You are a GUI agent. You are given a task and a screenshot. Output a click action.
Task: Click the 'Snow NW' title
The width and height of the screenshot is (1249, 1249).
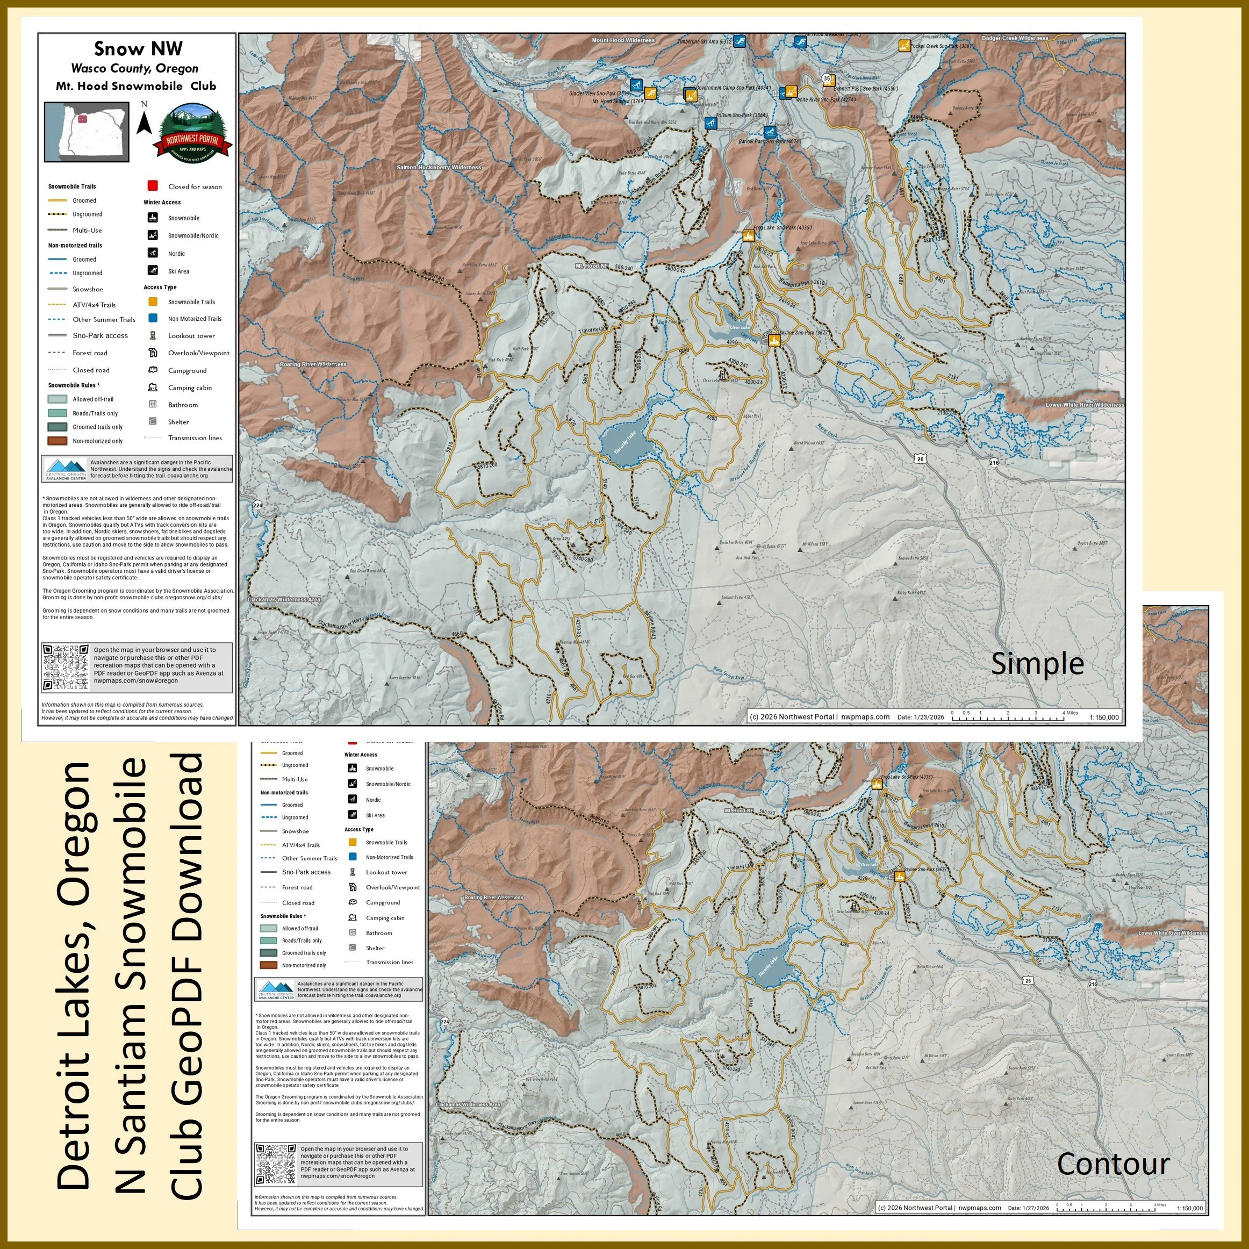coord(138,48)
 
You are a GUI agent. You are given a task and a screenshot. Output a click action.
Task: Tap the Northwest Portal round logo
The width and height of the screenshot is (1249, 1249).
coord(192,133)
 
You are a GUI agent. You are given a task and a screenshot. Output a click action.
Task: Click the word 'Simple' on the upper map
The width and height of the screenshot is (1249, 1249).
coord(1037,664)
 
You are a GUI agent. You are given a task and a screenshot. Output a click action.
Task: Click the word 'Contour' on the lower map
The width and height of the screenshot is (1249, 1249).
coord(1112,1164)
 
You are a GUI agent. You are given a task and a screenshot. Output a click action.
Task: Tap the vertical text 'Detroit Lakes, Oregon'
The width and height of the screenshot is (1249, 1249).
coord(74,975)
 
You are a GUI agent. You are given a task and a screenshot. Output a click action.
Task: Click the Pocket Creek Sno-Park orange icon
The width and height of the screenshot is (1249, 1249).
coord(904,45)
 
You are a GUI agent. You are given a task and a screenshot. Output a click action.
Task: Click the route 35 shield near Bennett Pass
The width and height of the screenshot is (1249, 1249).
coord(827,78)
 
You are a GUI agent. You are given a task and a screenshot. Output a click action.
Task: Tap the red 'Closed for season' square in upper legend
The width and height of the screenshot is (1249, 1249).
coord(153,186)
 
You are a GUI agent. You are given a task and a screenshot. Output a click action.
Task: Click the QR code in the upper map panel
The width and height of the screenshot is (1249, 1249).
coord(65,666)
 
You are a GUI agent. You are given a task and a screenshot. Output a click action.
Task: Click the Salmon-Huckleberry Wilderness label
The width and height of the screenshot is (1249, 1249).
coord(439,168)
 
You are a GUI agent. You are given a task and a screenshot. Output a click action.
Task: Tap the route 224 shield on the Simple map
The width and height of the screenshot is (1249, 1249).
coord(258,505)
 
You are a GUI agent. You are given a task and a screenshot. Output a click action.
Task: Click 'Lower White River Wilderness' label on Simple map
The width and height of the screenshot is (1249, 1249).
coord(1084,405)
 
